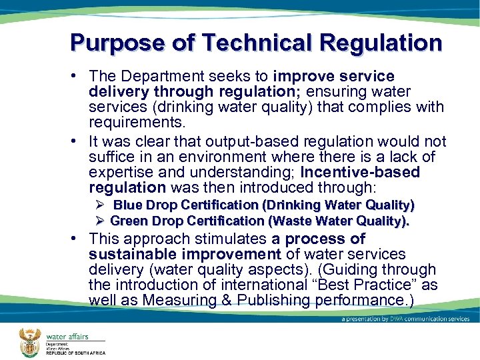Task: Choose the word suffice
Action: tap(111, 157)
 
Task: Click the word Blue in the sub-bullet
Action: tap(127, 205)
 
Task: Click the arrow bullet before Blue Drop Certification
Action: tap(99, 205)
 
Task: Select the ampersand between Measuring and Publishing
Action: tap(245, 301)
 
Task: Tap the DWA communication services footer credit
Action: tap(405, 319)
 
